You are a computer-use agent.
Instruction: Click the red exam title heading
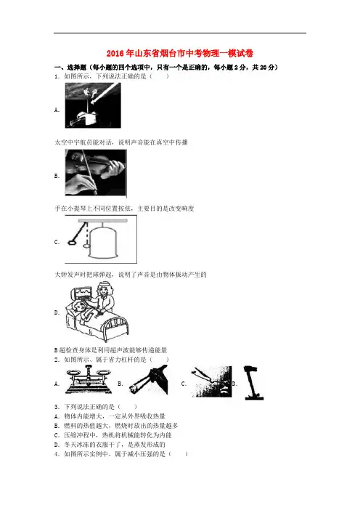180,53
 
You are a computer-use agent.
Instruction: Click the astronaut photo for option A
93,105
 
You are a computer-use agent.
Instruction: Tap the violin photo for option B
96,172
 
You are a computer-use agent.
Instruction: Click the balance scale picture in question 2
89,379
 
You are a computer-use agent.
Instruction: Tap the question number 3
57,407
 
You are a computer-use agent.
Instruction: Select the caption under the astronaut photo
121,142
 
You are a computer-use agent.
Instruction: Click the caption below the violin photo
124,209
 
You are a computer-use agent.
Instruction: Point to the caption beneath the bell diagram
131,275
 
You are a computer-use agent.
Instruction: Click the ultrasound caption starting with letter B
110,350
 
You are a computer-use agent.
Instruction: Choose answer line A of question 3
110,416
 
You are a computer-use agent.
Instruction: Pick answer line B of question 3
116,426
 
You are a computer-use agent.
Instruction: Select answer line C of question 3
112,435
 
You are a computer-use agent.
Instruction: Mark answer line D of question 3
110,445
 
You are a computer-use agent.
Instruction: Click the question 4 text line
121,454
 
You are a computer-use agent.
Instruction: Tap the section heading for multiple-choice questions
166,68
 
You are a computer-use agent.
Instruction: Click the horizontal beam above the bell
102,221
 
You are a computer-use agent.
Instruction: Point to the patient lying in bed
85,312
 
